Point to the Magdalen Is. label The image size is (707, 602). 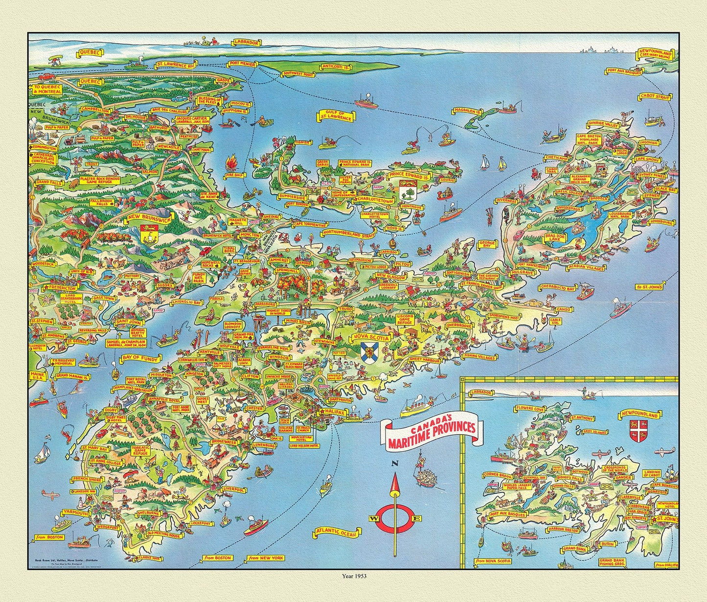click(x=466, y=112)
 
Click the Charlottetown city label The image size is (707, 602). click(x=375, y=200)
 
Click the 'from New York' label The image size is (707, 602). click(x=265, y=558)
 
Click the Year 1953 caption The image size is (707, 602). click(x=353, y=576)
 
